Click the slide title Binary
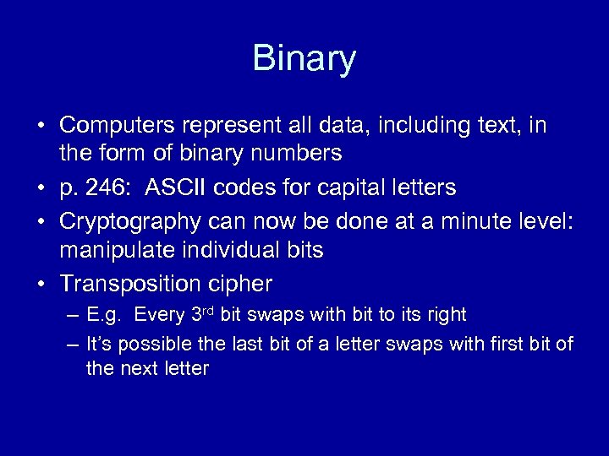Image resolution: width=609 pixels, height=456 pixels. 304,58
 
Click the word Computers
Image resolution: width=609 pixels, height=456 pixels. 113,126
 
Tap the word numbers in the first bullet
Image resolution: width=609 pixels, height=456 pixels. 296,154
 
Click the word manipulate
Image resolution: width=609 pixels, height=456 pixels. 107,249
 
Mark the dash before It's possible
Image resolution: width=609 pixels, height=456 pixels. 71,344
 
